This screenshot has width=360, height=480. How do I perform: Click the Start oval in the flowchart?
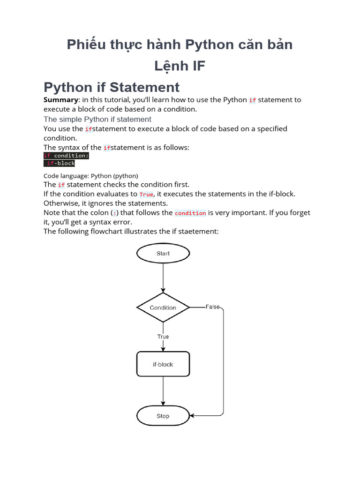coord(163,254)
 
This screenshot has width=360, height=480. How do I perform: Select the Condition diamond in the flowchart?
coord(163,307)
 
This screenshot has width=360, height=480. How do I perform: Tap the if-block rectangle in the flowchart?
coord(163,364)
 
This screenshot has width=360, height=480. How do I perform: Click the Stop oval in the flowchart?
coord(163,416)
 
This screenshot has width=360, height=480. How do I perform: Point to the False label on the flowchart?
coord(212,307)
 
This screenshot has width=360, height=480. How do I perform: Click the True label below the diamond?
coord(163,337)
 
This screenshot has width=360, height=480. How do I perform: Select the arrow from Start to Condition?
coord(163,279)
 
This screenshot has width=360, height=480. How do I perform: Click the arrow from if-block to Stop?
coord(163,391)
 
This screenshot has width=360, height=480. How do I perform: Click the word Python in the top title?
coord(203,45)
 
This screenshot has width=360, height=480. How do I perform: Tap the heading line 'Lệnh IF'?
coord(180,66)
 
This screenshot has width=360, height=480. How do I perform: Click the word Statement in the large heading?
coord(145,87)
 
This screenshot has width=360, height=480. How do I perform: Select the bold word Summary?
coord(60,100)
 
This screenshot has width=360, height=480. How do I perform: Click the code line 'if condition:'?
coord(66,156)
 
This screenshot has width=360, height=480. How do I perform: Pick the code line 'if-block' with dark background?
coord(60,163)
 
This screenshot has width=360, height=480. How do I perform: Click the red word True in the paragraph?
coord(146,195)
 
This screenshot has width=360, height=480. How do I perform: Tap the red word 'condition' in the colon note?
coord(190,213)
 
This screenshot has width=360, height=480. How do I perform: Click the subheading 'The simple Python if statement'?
coord(97,119)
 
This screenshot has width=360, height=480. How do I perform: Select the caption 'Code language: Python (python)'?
coord(91,176)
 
